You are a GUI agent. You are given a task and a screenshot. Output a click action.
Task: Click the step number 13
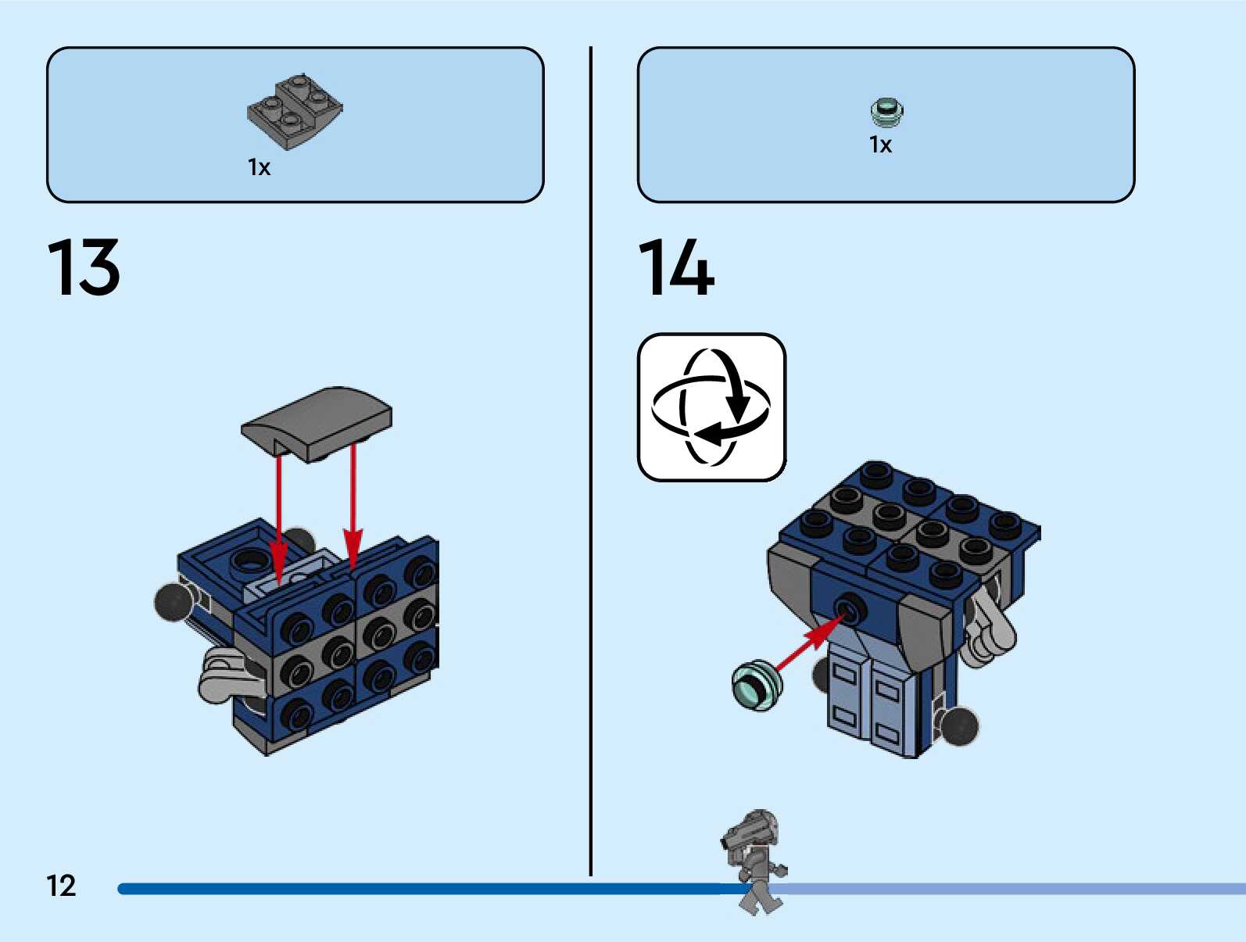pos(84,267)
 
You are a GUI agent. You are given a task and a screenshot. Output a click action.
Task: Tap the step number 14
pos(676,267)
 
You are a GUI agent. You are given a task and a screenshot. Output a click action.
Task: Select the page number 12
pos(61,886)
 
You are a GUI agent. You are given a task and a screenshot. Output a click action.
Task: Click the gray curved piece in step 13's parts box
pos(295,112)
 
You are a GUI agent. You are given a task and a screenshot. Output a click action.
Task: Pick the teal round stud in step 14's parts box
pos(886,112)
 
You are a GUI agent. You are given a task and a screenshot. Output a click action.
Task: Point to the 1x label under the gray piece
pos(259,167)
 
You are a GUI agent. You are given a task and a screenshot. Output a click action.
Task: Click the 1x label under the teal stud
pos(880,145)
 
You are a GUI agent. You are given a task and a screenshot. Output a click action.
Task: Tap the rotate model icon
pos(711,407)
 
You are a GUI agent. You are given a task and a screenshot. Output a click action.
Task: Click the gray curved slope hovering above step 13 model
pos(317,423)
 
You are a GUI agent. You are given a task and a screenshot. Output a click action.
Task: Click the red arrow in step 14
pos(809,641)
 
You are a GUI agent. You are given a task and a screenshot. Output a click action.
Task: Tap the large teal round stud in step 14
pos(756,686)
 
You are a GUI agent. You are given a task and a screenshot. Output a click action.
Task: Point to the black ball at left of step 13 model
pos(173,601)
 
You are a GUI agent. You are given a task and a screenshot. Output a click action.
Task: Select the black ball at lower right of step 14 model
pos(958,726)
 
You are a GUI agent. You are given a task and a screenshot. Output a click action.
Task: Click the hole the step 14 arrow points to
pos(849,607)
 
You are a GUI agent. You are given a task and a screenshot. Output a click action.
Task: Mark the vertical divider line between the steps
pos(591,461)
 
